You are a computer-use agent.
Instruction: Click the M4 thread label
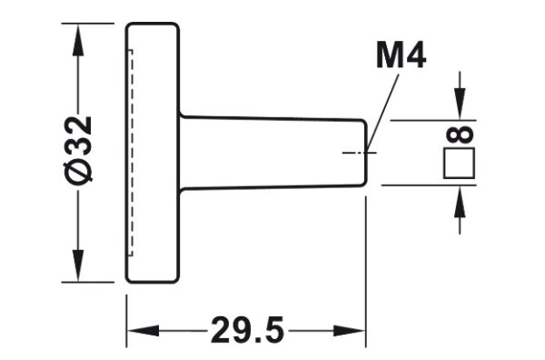(x=401, y=56)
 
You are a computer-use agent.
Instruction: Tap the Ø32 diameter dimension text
(x=80, y=150)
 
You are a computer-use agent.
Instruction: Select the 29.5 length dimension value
(x=247, y=330)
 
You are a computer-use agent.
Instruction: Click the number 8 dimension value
(x=460, y=135)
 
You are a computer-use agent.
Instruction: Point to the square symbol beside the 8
(x=459, y=163)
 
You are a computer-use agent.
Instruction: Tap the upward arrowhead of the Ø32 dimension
(x=78, y=39)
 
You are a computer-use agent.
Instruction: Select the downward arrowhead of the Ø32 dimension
(x=78, y=265)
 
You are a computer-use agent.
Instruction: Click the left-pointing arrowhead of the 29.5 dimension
(x=143, y=331)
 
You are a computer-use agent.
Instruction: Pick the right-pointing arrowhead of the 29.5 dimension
(x=350, y=331)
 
